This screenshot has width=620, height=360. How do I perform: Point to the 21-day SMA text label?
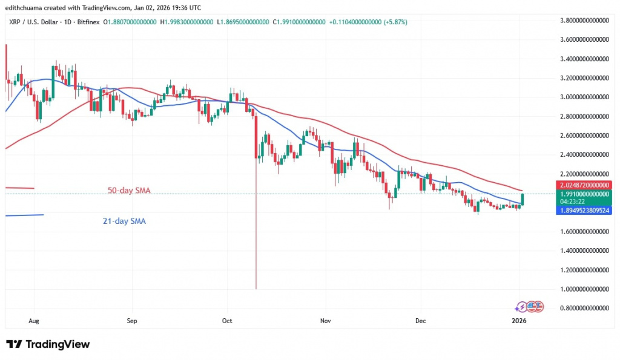click(x=124, y=221)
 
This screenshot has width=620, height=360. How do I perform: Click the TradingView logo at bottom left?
click(x=48, y=344)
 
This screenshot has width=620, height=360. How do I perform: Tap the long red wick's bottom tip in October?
click(x=257, y=288)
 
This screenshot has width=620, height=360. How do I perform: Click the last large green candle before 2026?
click(x=521, y=198)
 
